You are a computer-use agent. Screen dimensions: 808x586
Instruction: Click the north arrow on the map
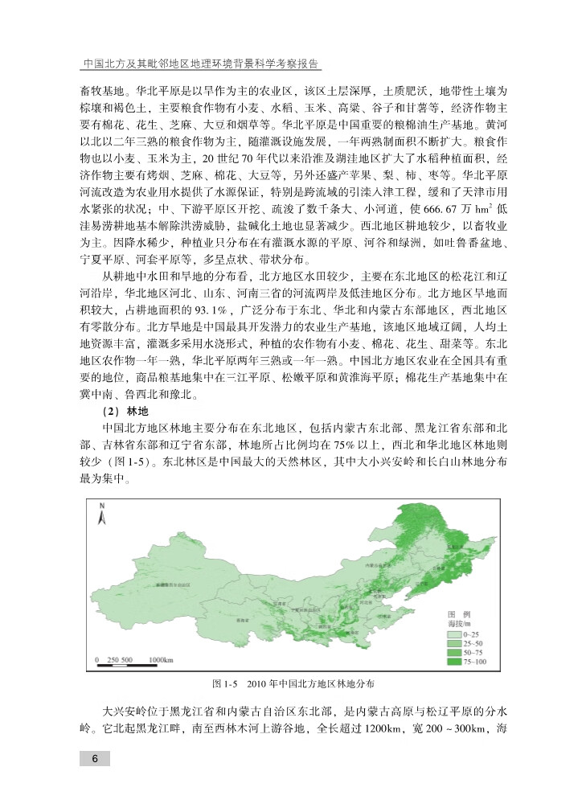(x=102, y=515)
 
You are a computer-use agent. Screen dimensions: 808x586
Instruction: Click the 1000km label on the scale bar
(x=162, y=659)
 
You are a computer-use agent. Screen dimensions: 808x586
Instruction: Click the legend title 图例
(x=459, y=613)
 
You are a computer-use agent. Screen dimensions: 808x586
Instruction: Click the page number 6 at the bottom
(x=95, y=759)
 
